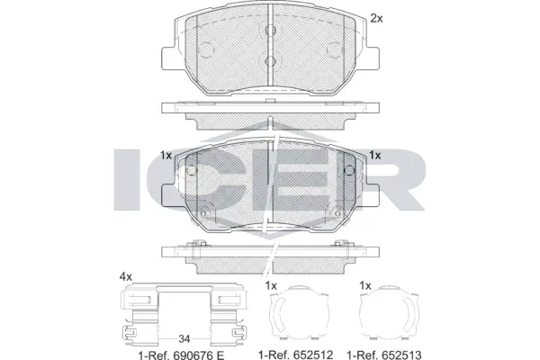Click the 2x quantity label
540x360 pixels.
[376, 17]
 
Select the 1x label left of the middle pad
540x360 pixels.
[165, 155]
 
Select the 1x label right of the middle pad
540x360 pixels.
[374, 155]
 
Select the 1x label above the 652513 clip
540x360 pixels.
[364, 285]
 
